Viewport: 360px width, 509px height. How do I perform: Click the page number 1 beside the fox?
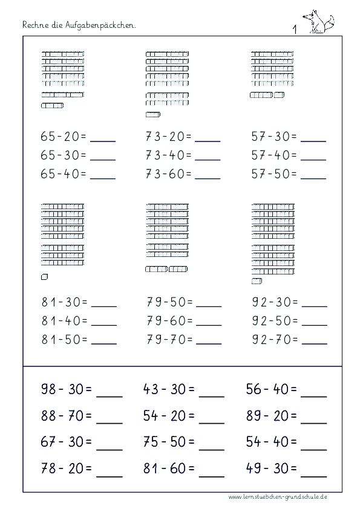[294, 28]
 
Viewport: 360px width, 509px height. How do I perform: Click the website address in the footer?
[278, 496]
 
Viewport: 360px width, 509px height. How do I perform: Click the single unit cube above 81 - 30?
[44, 277]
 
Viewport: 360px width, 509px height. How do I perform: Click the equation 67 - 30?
[66, 441]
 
